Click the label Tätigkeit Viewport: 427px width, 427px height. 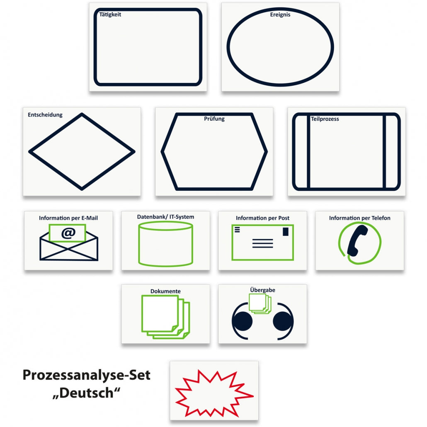click(x=110, y=15)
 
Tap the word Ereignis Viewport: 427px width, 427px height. click(x=280, y=15)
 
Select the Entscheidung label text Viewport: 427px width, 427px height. click(x=45, y=115)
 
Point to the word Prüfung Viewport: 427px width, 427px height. click(x=214, y=119)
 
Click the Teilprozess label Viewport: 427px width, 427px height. click(x=325, y=119)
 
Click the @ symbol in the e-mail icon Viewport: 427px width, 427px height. click(x=68, y=233)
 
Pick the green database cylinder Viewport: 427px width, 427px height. click(x=165, y=244)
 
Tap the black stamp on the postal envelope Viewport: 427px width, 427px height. click(x=285, y=231)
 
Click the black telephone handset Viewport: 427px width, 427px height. click(x=357, y=241)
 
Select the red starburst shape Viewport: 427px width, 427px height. click(x=214, y=393)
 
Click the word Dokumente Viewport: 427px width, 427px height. click(x=165, y=291)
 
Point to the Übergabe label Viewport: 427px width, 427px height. click(x=262, y=290)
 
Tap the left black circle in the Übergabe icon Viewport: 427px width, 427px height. click(x=242, y=321)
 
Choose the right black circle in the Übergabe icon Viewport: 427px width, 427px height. click(x=283, y=321)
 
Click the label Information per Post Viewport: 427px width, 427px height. click(x=262, y=218)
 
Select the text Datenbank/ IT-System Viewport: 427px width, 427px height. click(x=165, y=217)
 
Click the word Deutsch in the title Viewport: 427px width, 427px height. click(x=86, y=393)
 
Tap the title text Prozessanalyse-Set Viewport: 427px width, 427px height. click(x=86, y=375)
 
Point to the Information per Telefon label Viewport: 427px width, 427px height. click(x=359, y=218)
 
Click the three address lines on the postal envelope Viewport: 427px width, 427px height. click(x=262, y=243)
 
